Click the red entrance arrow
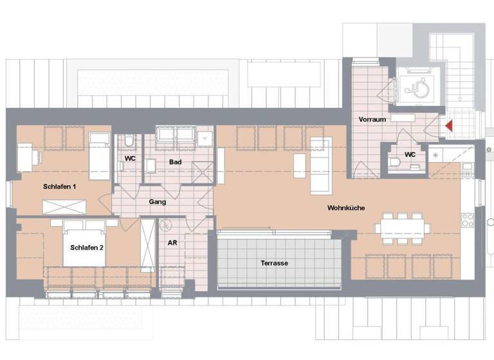(450, 125)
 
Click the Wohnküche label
(347, 208)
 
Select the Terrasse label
(274, 263)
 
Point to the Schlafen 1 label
(60, 186)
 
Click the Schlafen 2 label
(87, 247)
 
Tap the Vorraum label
(372, 120)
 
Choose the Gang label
(158, 202)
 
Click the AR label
(172, 244)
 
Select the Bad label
(175, 162)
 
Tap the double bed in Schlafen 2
(84, 244)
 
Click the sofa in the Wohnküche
(320, 165)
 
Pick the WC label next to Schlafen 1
(130, 158)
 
